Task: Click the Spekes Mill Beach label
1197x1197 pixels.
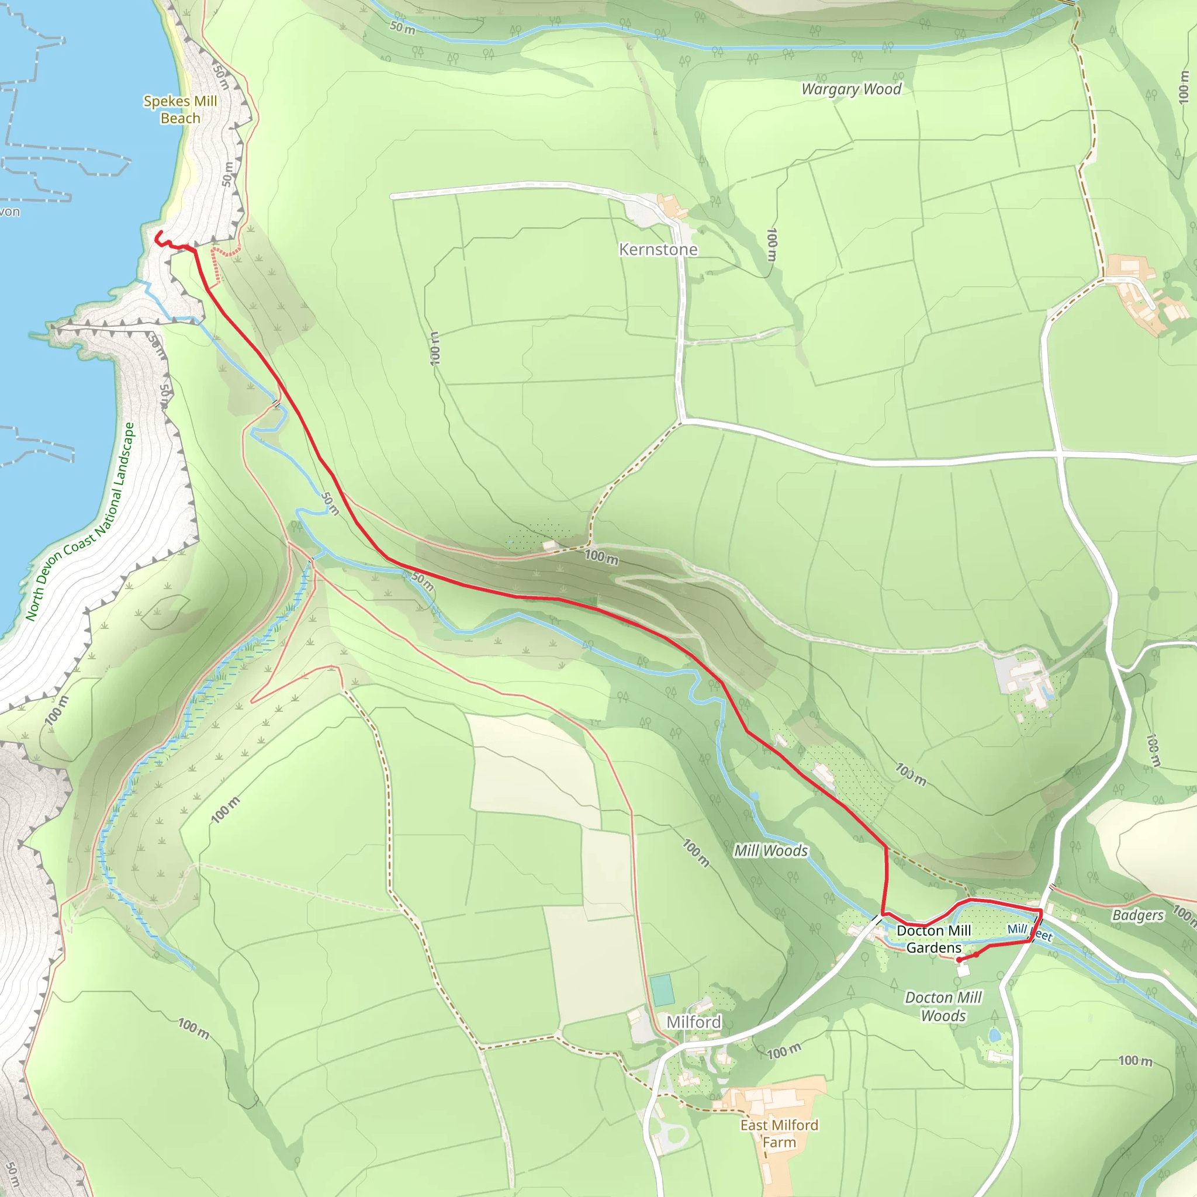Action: [x=180, y=110]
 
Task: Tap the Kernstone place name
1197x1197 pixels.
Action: [x=658, y=250]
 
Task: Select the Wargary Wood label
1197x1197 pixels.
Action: [x=850, y=89]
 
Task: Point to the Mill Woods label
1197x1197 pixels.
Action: [x=771, y=850]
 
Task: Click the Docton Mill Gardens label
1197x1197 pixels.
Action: [x=933, y=939]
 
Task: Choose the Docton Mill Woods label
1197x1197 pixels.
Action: [x=943, y=1006]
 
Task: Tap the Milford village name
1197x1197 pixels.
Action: [x=693, y=1022]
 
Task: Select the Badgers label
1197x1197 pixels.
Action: [x=1137, y=915]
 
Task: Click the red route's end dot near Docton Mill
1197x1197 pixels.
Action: [x=959, y=960]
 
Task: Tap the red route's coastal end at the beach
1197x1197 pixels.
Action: [x=159, y=233]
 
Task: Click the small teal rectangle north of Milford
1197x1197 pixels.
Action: [x=662, y=990]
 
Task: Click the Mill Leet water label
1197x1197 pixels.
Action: [x=1029, y=931]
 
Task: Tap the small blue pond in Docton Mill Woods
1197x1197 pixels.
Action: [x=994, y=1035]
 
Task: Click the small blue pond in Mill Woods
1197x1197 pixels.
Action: [x=754, y=795]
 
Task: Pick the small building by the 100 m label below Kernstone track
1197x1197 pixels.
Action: [x=549, y=546]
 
